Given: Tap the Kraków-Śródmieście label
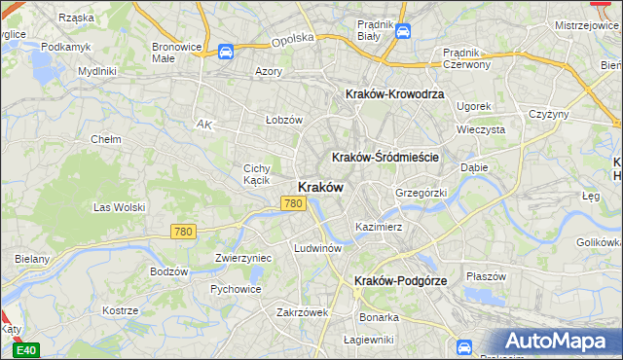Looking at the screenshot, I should point(386,157).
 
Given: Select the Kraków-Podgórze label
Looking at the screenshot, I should point(400,280).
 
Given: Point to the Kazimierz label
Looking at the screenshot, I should point(379,226).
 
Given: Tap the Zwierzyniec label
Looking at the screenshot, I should point(242,258).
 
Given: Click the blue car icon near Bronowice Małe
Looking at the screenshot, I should point(226,52).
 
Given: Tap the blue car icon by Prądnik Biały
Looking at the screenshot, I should point(402,32).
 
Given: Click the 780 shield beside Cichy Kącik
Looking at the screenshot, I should point(294,203).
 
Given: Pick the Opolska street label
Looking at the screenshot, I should point(292,38).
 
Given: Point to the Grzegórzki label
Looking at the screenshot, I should point(421,193).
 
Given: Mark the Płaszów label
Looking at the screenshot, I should point(486,275).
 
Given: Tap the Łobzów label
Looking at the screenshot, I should point(284,120).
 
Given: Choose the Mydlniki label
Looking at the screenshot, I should point(97,71).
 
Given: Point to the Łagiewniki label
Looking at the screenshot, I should point(369,340).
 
